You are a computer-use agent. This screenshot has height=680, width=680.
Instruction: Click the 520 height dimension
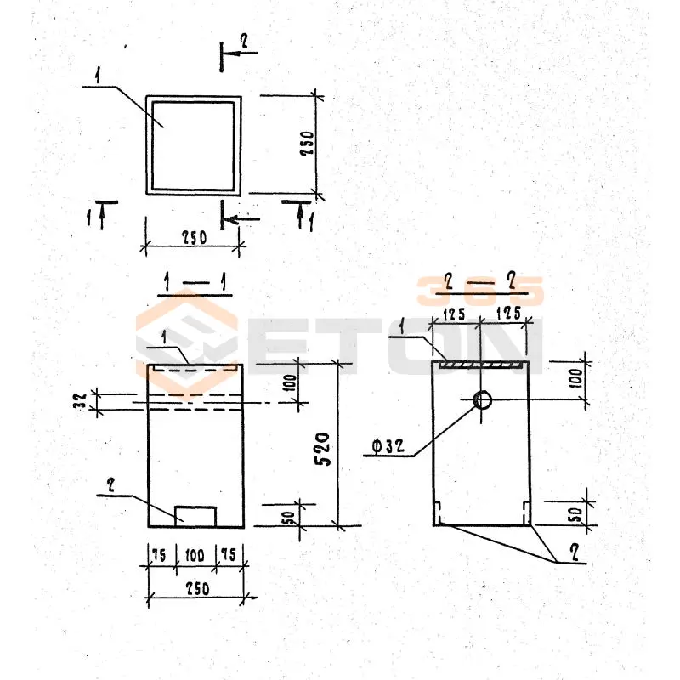pos(322,449)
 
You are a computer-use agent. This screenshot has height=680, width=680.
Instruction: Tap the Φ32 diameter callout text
pos(388,445)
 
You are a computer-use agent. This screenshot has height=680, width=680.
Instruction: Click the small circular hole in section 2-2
pos(482,399)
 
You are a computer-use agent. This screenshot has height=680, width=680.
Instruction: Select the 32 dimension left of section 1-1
pos(81,401)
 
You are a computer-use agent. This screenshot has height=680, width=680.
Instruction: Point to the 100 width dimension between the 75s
pos(195,555)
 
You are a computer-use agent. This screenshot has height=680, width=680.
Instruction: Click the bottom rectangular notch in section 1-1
pos(195,516)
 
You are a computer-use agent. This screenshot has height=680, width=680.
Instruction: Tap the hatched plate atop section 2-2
pos(480,365)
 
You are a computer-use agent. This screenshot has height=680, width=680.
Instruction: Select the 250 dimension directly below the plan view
pos(194,238)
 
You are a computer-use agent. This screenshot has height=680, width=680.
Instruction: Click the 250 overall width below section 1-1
pos(198,588)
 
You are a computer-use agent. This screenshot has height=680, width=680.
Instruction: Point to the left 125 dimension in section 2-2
pos(454,314)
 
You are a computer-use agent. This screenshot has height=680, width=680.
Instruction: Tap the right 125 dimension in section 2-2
pos(508,313)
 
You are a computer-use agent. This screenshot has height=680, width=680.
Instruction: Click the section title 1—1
pos(195,283)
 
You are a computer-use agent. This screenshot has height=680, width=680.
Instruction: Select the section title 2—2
pos(481,282)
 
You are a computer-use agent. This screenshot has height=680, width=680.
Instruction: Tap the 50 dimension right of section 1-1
pos(288,518)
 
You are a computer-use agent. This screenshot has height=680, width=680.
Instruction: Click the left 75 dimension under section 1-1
pos(159,555)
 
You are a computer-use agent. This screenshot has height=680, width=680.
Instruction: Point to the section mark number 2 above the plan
pos(244,42)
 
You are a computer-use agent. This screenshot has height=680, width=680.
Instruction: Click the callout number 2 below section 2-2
pos(575,553)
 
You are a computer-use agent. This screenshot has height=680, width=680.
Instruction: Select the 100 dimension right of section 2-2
pos(577,379)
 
